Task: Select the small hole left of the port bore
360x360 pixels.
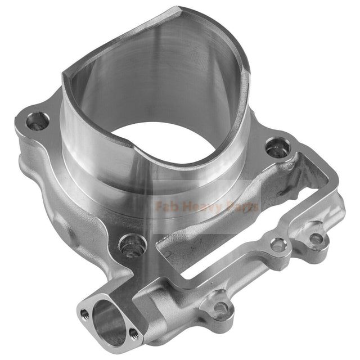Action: click(x=85, y=313)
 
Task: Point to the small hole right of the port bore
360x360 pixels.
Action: click(x=133, y=334)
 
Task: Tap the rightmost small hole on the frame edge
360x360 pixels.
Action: click(x=317, y=238)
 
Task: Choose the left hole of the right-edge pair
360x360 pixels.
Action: click(x=278, y=244)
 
